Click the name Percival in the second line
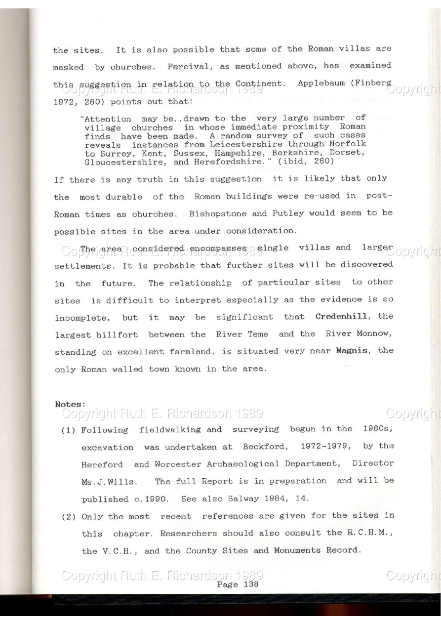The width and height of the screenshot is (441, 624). [184, 66]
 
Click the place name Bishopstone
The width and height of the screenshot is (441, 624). [214, 213]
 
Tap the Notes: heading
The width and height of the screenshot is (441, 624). [70, 404]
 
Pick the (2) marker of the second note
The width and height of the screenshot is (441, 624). [68, 517]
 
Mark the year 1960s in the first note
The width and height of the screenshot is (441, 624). [377, 429]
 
